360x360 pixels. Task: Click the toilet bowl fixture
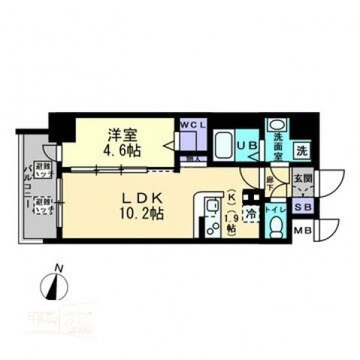click(x=275, y=226)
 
